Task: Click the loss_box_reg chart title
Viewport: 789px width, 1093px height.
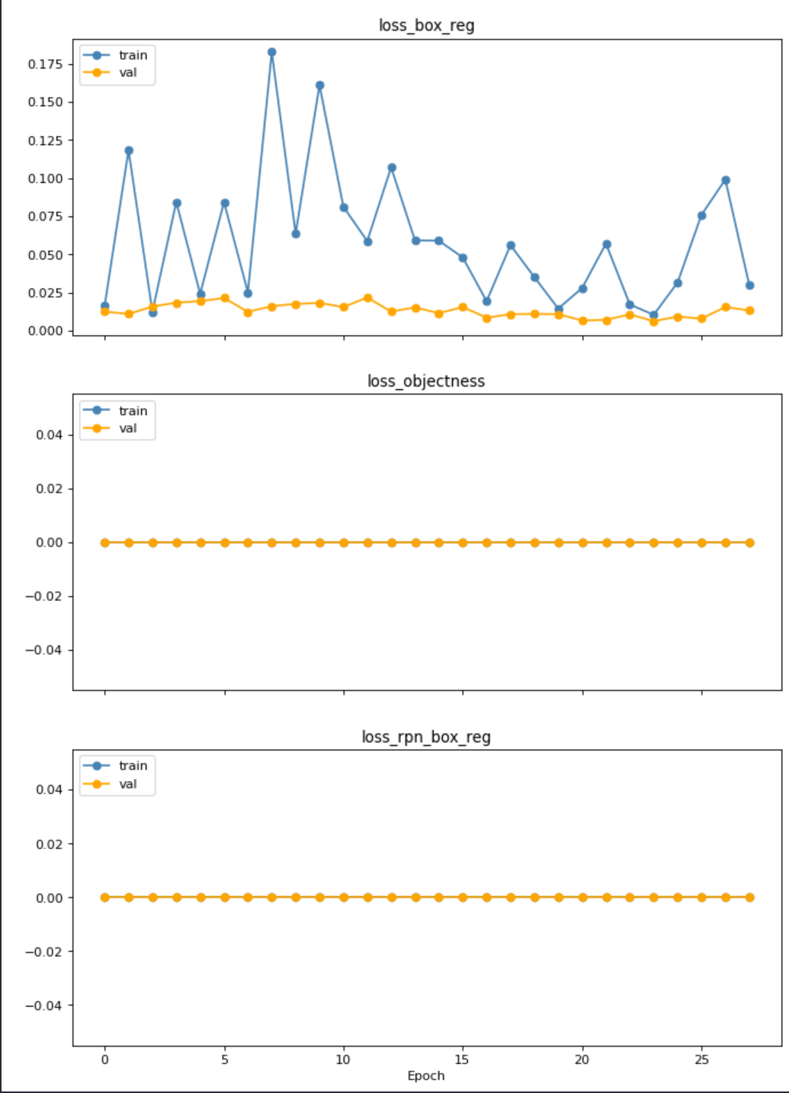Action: click(426, 26)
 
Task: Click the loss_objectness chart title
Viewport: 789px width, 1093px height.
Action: click(425, 381)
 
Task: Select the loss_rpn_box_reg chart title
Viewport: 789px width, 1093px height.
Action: click(425, 737)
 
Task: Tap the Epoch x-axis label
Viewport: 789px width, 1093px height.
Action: click(425, 1075)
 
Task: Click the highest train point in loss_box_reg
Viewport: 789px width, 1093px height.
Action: click(272, 53)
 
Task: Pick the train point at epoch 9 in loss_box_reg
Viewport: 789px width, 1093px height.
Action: click(319, 85)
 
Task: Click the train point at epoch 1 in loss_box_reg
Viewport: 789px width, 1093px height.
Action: click(129, 150)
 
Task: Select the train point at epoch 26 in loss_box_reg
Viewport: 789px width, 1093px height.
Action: click(726, 181)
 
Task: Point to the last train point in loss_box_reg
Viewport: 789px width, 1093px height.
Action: click(749, 285)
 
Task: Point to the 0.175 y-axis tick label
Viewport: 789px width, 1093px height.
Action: click(45, 64)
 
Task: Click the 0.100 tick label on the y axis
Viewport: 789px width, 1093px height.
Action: click(45, 178)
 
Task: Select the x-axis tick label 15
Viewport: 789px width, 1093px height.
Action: click(463, 1059)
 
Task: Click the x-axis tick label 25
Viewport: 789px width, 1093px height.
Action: click(701, 1059)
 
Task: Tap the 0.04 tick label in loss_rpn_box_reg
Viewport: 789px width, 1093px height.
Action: click(49, 789)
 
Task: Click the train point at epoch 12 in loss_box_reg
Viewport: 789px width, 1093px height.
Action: click(392, 168)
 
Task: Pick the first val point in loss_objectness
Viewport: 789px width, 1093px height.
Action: click(105, 542)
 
